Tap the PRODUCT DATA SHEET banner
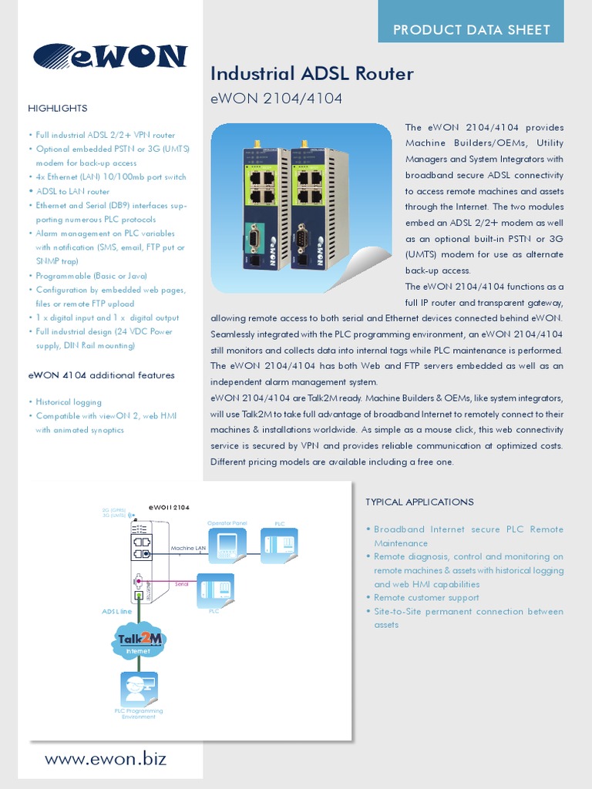471,30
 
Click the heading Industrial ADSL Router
312,74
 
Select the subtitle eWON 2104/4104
276,99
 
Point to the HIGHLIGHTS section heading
58,108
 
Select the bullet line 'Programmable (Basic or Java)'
91,276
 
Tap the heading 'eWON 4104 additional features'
101,375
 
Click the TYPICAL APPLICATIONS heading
419,502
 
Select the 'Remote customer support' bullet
426,598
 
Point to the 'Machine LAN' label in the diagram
188,548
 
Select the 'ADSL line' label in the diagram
118,611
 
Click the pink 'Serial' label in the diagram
182,584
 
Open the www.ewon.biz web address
106,759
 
